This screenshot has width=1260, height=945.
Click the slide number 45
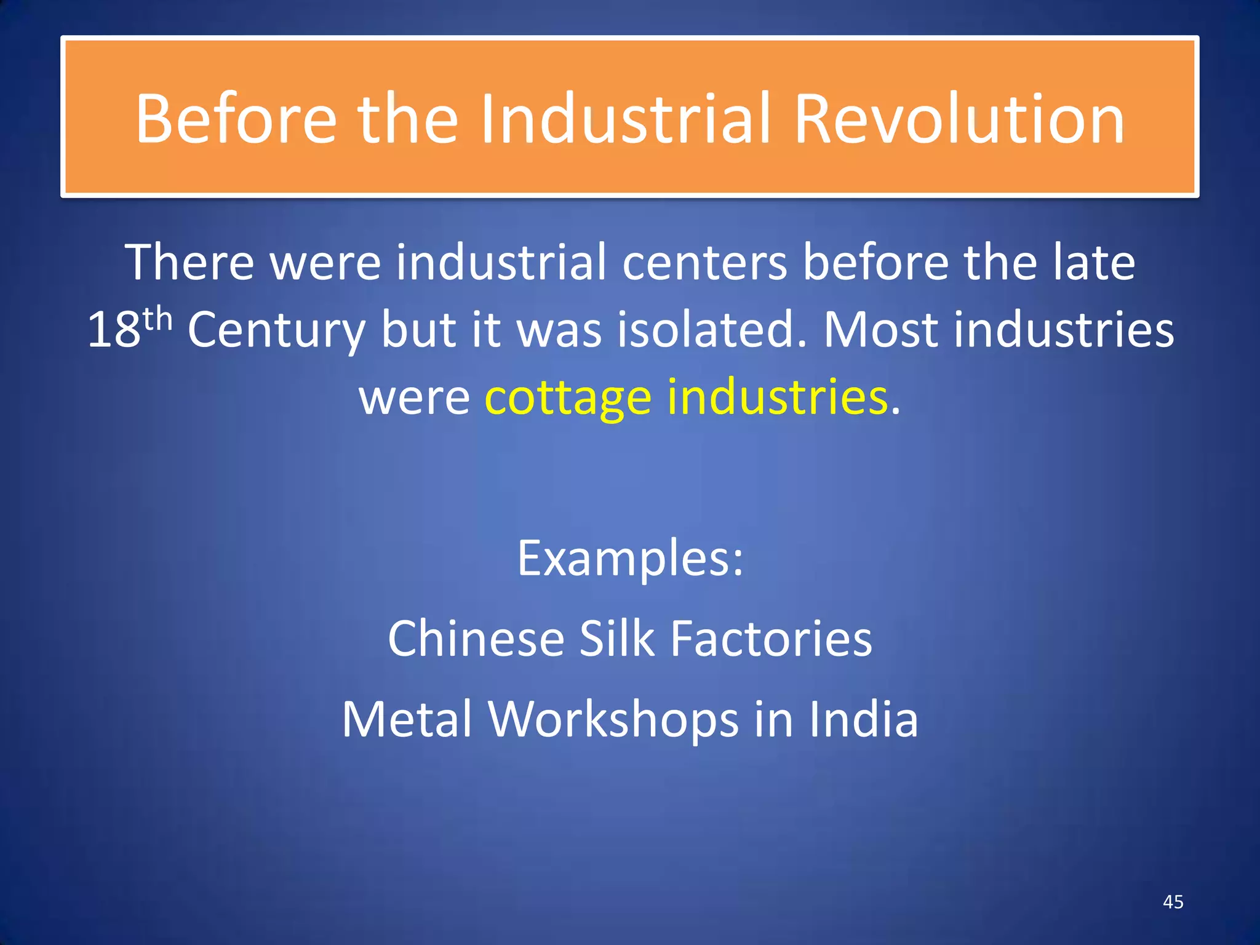point(1173,902)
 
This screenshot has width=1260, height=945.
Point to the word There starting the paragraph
point(189,263)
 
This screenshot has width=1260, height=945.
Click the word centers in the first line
point(704,263)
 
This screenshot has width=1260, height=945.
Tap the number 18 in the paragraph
point(114,330)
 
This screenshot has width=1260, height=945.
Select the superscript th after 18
point(157,319)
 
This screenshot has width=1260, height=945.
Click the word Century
point(276,330)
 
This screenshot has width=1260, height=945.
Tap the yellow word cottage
point(568,398)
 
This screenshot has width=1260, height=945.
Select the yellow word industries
point(778,397)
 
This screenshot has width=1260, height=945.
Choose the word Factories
point(771,639)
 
